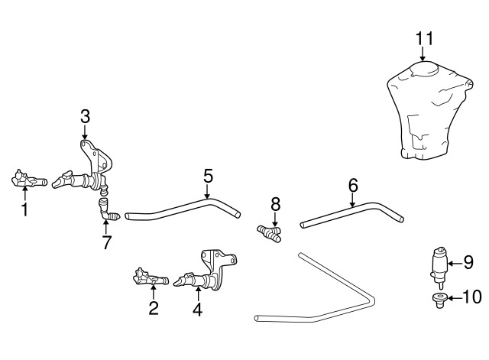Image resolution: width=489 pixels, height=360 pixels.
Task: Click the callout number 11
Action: click(425, 38)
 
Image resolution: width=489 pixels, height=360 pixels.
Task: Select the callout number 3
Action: click(85, 116)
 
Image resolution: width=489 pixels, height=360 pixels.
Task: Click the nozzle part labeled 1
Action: click(29, 179)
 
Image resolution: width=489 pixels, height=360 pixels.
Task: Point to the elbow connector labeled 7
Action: click(107, 210)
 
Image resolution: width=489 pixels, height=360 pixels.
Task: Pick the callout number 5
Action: click(209, 176)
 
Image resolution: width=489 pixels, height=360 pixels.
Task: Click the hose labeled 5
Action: click(183, 209)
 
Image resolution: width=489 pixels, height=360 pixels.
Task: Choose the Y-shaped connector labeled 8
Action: click(270, 234)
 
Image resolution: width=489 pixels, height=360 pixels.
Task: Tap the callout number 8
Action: click(276, 205)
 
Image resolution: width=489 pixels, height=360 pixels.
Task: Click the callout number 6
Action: click(353, 186)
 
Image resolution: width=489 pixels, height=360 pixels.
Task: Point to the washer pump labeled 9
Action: click(439, 267)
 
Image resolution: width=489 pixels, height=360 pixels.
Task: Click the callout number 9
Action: click(468, 262)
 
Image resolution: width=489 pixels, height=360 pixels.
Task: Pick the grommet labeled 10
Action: click(439, 300)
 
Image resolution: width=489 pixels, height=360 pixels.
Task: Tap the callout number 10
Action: click(472, 297)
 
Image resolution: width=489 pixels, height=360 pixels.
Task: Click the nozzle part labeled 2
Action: click(151, 277)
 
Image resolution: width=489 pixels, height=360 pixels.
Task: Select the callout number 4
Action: click(197, 310)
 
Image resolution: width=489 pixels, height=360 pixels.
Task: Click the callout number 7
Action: click(107, 242)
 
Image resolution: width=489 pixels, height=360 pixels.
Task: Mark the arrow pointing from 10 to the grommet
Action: click(455, 298)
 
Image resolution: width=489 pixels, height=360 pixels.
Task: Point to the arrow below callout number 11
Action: click(423, 54)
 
